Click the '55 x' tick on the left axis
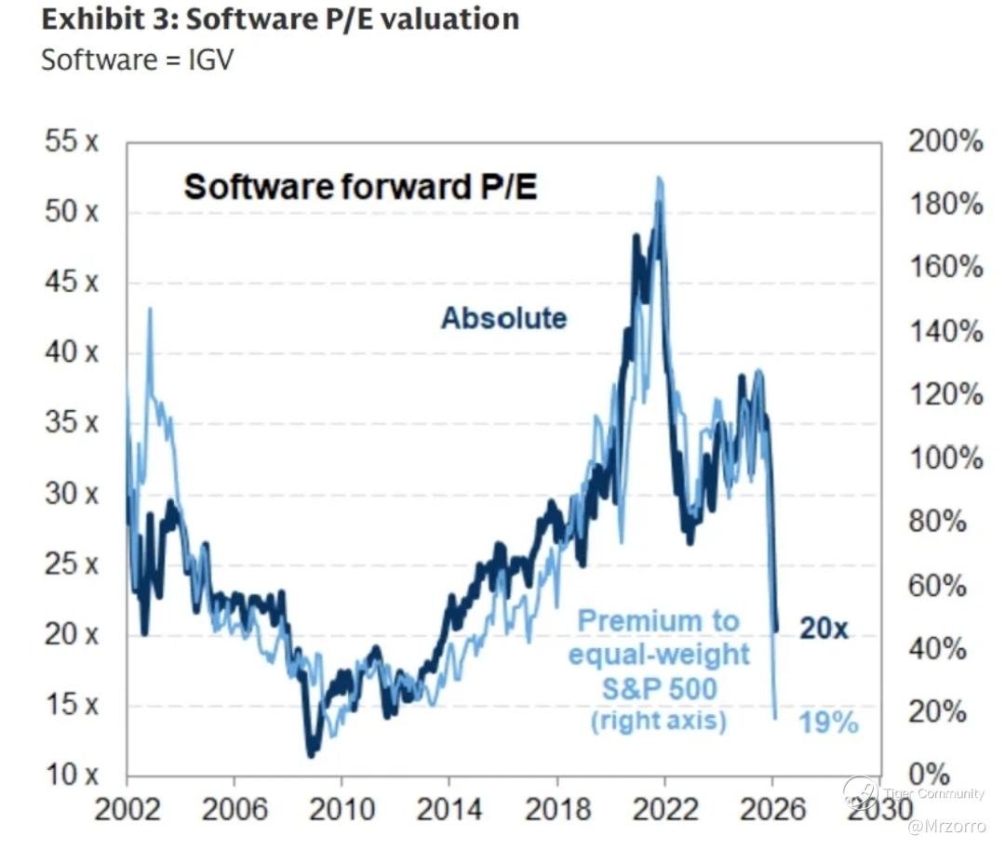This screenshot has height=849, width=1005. [72, 143]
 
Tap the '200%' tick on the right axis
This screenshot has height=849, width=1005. [944, 142]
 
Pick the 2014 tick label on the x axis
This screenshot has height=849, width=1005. [449, 809]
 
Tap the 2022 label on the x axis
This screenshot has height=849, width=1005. [664, 809]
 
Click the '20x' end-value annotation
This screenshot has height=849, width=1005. [824, 630]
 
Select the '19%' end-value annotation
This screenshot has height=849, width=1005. [828, 723]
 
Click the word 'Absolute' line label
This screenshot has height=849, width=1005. [503, 318]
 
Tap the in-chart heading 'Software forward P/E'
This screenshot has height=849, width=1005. [361, 187]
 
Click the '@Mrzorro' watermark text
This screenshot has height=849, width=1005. [945, 826]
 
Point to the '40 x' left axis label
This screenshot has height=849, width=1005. [72, 354]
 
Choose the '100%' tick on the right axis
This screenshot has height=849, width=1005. [944, 458]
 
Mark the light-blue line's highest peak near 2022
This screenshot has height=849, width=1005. [659, 178]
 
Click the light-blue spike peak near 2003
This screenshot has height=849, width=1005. [149, 309]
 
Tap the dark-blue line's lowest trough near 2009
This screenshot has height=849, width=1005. [311, 755]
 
